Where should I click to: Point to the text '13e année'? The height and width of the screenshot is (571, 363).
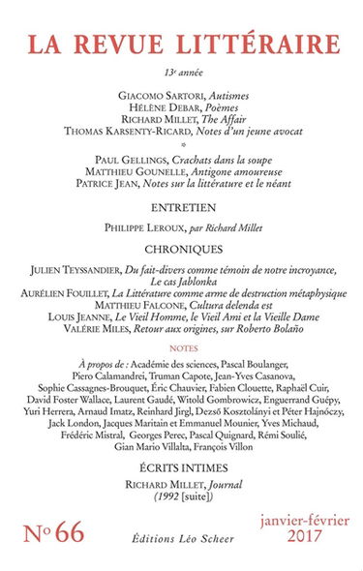click(x=182, y=73)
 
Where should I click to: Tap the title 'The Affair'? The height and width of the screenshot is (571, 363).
click(x=230, y=126)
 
